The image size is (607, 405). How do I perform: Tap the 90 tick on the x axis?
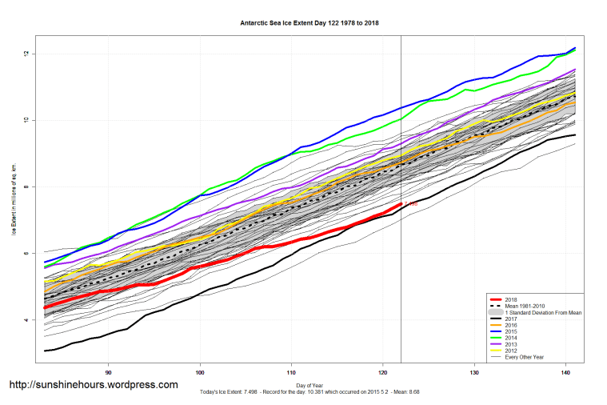click(x=108, y=371)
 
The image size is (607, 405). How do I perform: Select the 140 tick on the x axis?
click(x=566, y=371)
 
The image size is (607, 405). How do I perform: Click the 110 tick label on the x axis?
click(x=291, y=371)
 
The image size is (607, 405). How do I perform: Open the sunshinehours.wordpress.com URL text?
click(x=93, y=385)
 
